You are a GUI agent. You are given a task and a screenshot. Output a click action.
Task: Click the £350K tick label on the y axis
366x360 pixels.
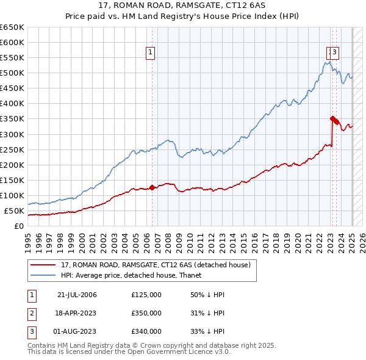click(x=12, y=119)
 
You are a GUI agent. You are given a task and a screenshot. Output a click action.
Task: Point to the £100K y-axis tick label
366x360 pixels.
click(x=12, y=196)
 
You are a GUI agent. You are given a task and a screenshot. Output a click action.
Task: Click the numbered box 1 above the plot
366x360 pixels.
click(x=150, y=53)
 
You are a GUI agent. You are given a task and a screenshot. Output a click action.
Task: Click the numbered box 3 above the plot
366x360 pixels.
click(x=335, y=53)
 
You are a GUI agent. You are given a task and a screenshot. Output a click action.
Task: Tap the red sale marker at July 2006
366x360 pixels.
click(x=152, y=187)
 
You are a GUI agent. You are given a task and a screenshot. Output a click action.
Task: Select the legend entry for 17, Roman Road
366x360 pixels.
click(x=156, y=265)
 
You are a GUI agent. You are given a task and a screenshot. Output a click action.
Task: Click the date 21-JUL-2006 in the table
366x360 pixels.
click(x=77, y=295)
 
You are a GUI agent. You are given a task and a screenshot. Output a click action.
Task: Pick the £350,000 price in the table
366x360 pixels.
click(x=146, y=313)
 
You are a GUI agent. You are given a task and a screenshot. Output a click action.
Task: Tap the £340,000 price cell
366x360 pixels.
click(x=146, y=331)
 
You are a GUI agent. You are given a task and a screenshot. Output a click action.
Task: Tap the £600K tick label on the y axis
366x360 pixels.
click(x=12, y=43)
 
